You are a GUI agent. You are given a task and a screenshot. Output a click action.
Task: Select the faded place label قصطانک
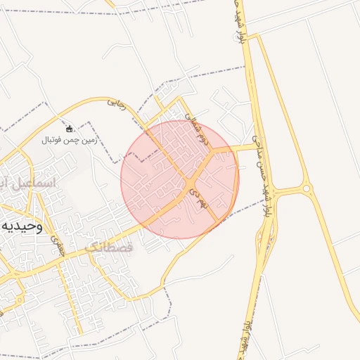108,247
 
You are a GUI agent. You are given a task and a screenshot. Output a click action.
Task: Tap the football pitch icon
70,129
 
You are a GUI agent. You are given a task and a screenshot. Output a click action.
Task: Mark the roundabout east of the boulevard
306,188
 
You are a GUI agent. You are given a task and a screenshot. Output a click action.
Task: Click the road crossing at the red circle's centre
191,184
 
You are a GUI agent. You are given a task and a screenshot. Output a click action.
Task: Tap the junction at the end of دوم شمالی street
222,150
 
